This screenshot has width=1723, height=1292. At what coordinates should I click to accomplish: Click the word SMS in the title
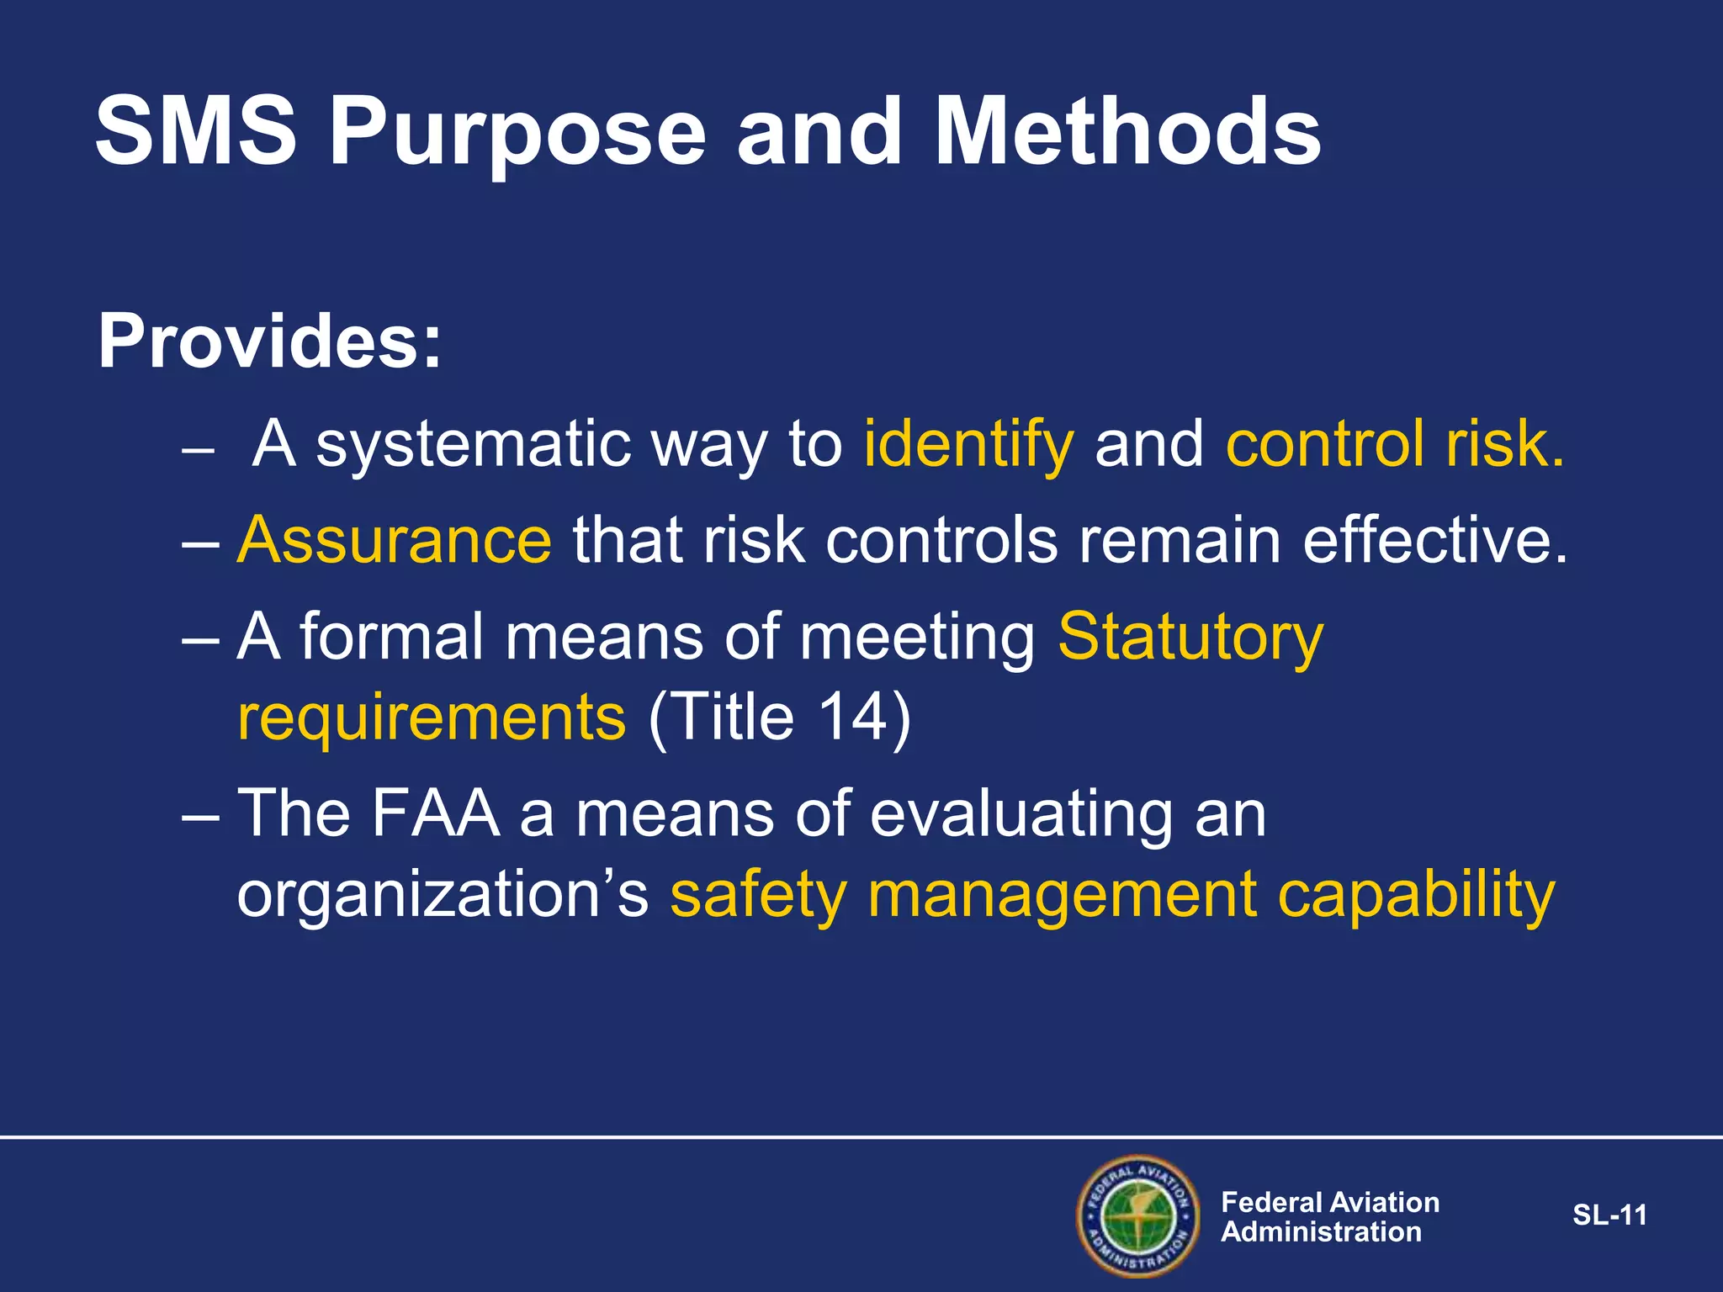tap(196, 133)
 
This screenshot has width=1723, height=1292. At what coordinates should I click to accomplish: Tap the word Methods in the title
tap(1127, 133)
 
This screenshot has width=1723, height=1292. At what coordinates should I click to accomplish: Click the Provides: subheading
tap(269, 342)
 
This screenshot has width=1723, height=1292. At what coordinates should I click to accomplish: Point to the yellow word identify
tap(968, 446)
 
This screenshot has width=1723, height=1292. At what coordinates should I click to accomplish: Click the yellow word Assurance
tap(395, 540)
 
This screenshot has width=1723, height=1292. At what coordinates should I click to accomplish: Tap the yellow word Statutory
tap(1190, 638)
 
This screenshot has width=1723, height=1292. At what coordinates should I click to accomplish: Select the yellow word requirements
tap(432, 718)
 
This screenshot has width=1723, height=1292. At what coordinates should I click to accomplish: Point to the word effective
tap(1434, 540)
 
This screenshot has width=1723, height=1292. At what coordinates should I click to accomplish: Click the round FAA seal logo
tap(1137, 1215)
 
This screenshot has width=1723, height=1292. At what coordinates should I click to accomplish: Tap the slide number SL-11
tap(1609, 1215)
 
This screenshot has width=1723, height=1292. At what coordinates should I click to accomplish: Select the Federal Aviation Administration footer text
tap(1329, 1217)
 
